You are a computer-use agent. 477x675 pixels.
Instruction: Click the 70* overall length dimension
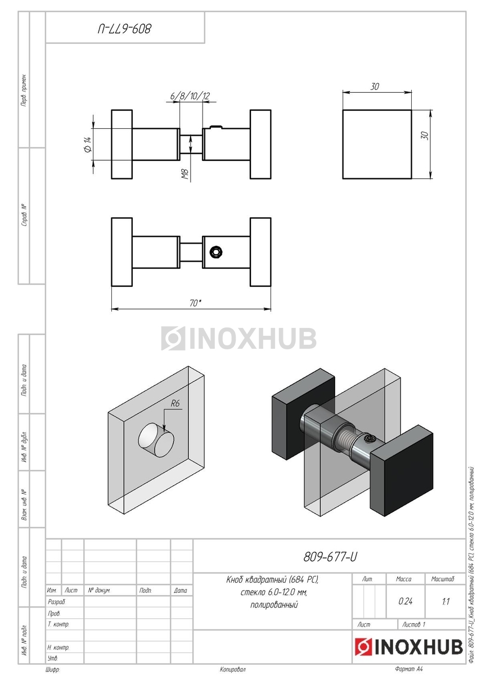click(195, 303)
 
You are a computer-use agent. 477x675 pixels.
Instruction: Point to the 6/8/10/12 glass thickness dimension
click(190, 96)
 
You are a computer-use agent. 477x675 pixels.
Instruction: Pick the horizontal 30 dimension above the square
click(375, 87)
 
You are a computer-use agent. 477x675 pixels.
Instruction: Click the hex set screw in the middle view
click(216, 252)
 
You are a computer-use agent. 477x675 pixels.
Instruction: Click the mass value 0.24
click(405, 601)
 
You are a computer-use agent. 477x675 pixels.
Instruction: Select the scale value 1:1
click(445, 601)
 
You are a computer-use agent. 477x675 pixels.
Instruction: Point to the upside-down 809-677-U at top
click(124, 28)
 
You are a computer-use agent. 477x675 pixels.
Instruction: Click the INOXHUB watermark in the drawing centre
click(238, 338)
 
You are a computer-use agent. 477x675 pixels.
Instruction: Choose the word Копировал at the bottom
click(233, 670)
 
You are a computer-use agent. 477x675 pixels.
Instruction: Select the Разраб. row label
click(57, 602)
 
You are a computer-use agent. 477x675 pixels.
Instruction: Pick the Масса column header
click(403, 579)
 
